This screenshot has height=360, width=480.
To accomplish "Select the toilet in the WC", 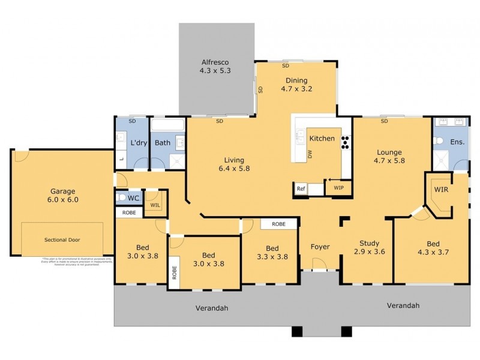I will tap(122, 197).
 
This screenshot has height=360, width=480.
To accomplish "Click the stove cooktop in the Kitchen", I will tap(346, 142).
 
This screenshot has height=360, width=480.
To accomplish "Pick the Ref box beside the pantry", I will tap(301, 188).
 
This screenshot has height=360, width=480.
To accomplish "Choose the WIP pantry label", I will tap(338, 188).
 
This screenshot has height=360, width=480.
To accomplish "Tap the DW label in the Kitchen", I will tap(310, 154).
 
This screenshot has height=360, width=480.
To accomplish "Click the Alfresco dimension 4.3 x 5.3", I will tap(215, 71).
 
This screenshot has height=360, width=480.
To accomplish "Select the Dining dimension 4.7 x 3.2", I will tap(296, 89).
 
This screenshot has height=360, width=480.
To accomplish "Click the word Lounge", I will tap(389, 152).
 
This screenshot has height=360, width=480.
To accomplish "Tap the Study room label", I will tap(369, 243).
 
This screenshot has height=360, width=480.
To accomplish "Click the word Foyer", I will tap(320, 247).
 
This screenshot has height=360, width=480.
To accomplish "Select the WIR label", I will tap(441, 189).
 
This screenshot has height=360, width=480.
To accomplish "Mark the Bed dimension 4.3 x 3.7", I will tap(433, 252).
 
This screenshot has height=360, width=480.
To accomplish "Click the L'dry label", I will tap(139, 143).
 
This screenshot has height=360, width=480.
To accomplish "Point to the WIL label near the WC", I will tap(155, 205).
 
